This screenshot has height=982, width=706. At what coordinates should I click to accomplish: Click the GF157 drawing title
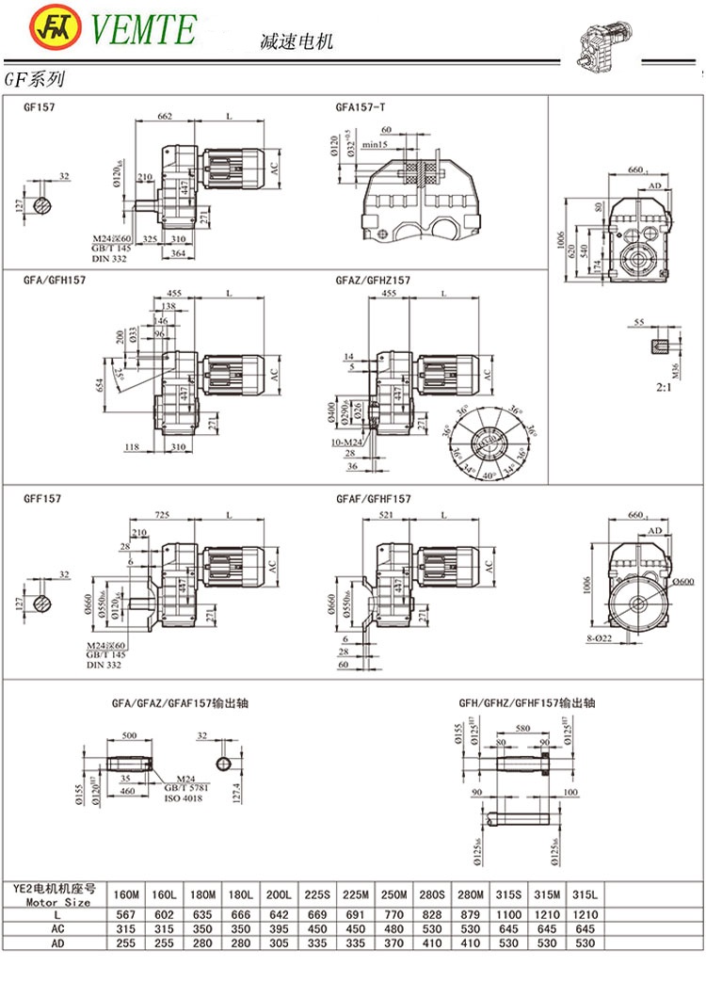pyautogui.click(x=39, y=107)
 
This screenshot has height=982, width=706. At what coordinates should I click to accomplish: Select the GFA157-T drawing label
pyautogui.click(x=360, y=107)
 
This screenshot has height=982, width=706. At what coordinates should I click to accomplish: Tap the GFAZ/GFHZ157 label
pyautogui.click(x=373, y=281)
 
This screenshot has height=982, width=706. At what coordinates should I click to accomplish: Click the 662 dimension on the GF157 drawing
pyautogui.click(x=165, y=116)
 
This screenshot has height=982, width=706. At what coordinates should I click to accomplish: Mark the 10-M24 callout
pyautogui.click(x=349, y=443)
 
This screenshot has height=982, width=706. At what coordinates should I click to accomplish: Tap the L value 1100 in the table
pyautogui.click(x=518, y=913)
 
